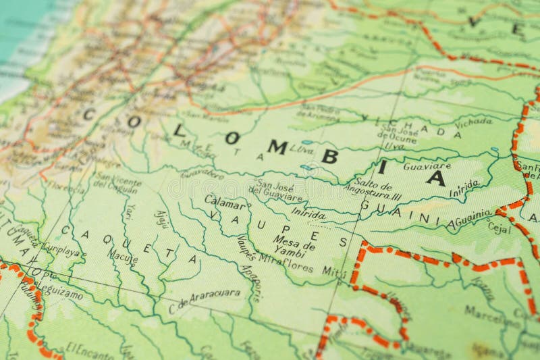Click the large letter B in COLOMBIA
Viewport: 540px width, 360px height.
pos(329,156)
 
